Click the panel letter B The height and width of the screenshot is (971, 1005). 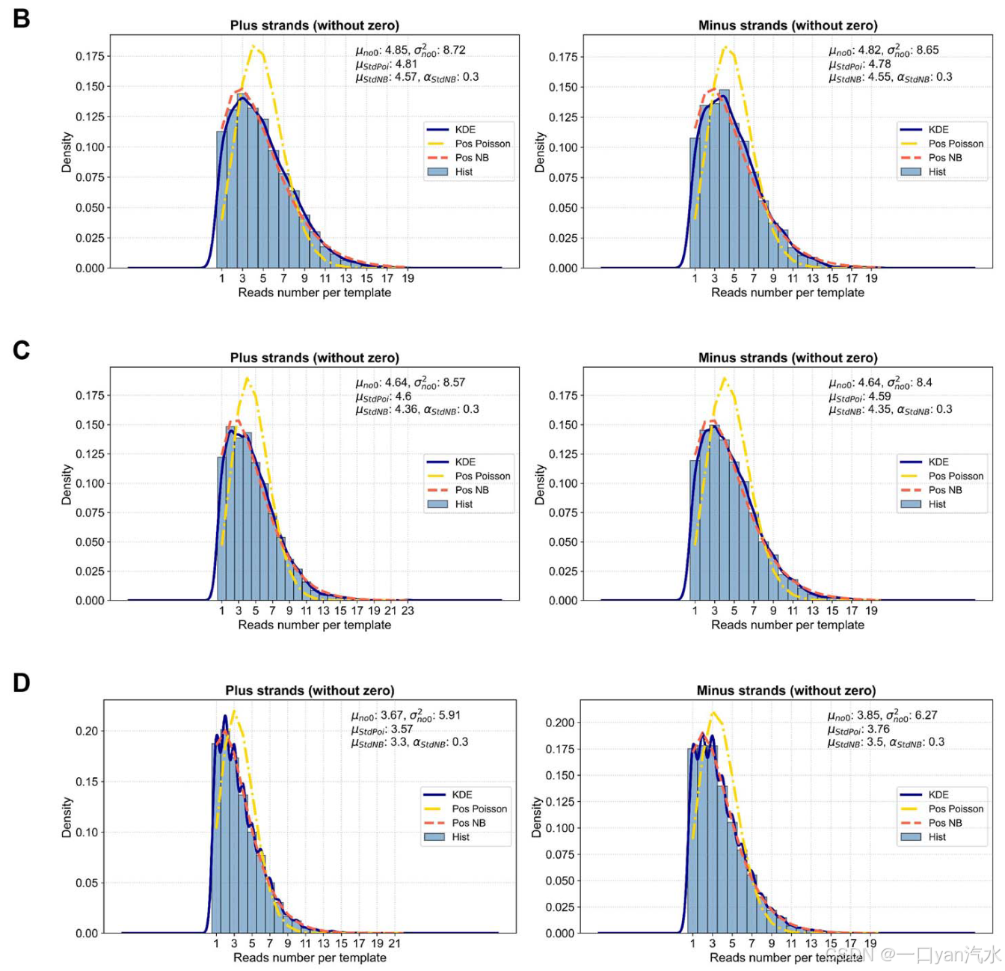tap(21, 18)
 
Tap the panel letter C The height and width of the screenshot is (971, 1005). tap(21, 350)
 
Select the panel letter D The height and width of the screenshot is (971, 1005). tap(21, 682)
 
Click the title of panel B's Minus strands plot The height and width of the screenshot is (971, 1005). tap(787, 25)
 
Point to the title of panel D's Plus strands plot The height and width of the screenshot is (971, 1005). tap(310, 690)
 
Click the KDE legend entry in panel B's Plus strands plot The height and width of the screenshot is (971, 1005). tap(465, 129)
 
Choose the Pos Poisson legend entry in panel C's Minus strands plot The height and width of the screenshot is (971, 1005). tap(956, 476)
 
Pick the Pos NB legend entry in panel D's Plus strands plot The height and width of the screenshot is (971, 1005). tap(469, 823)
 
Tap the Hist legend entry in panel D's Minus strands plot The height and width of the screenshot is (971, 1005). tap(937, 837)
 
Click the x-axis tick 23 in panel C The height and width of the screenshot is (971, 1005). tap(408, 610)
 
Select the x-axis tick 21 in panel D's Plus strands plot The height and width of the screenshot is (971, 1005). tap(395, 943)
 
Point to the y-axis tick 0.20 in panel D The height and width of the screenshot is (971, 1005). tap(87, 731)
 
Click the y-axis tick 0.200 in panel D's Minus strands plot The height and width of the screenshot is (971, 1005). tap(560, 723)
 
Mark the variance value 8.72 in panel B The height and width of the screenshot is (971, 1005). tap(454, 50)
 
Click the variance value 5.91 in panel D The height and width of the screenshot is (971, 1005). tap(449, 715)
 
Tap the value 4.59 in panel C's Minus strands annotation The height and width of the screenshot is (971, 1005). tap(879, 396)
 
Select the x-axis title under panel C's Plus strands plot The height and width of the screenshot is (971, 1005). tap(314, 625)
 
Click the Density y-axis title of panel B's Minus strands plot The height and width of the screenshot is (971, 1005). tap(539, 153)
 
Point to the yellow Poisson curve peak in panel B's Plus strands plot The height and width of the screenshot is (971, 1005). tap(254, 46)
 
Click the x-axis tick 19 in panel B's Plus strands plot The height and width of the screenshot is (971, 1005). tap(408, 278)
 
